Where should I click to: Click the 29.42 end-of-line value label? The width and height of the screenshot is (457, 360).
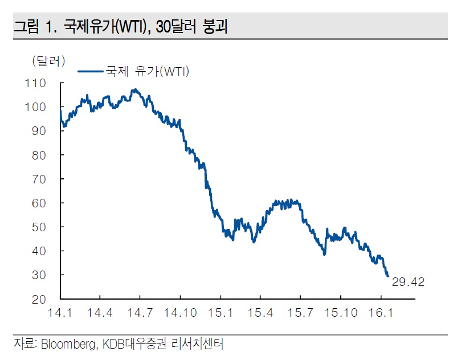pos(409,282)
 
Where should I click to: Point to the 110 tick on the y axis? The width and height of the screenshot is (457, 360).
pos(35,83)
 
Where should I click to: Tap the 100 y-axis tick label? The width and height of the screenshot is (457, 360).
pos(35,107)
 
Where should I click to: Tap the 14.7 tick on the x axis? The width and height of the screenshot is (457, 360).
pos(140,313)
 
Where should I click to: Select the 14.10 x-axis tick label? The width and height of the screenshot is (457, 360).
pos(180,313)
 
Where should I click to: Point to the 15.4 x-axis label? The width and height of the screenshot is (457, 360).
pos(260,313)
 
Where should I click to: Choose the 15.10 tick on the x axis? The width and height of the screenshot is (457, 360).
pos(341,313)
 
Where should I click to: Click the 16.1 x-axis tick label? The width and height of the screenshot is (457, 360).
pos(381,313)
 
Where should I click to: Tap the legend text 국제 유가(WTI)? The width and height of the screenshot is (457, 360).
pos(147,71)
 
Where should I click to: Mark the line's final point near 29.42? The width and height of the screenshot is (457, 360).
pos(388,276)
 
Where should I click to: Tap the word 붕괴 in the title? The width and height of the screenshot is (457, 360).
pos(215,27)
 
